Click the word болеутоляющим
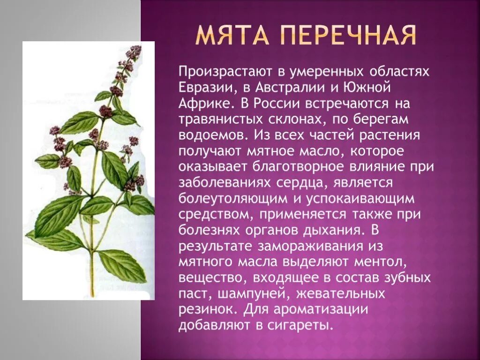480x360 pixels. click(232, 198)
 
